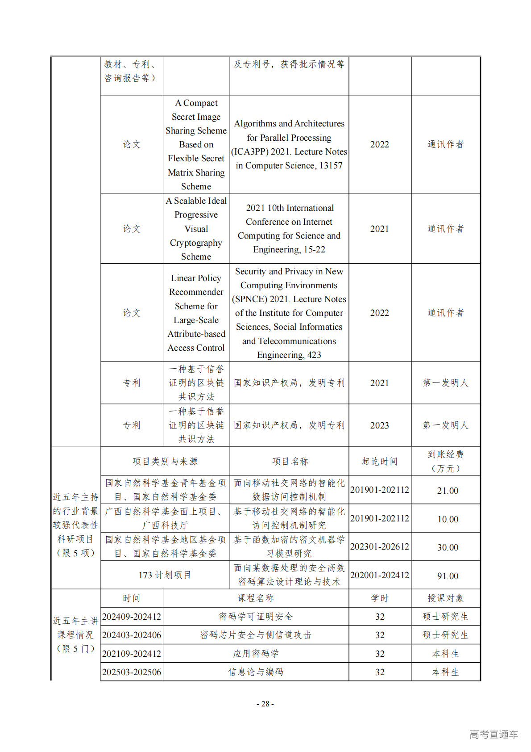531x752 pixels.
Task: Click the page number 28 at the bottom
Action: [265, 704]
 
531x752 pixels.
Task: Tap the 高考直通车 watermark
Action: [494, 734]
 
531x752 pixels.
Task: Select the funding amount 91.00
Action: [447, 576]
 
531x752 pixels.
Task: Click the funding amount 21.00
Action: [447, 490]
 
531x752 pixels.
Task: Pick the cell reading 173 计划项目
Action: [165, 575]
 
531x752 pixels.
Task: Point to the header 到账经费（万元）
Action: [445, 461]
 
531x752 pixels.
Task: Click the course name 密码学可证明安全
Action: [256, 617]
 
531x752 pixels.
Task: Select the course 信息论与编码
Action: [256, 672]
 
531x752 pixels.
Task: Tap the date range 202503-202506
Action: [132, 672]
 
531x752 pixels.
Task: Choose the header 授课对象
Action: [445, 598]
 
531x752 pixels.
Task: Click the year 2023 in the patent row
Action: [379, 425]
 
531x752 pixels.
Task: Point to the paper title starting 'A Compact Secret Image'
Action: [196, 144]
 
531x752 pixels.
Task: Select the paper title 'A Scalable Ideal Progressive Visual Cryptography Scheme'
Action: [196, 228]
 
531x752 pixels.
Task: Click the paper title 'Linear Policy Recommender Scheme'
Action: [196, 313]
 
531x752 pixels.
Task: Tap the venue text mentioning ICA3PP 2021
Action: [289, 144]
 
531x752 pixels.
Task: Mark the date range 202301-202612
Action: [379, 546]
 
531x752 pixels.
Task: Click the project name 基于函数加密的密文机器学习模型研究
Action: [289, 546]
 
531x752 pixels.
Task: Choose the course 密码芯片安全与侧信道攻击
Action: [256, 635]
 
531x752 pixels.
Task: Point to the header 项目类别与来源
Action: [165, 461]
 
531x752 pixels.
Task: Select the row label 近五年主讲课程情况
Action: [75, 634]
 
